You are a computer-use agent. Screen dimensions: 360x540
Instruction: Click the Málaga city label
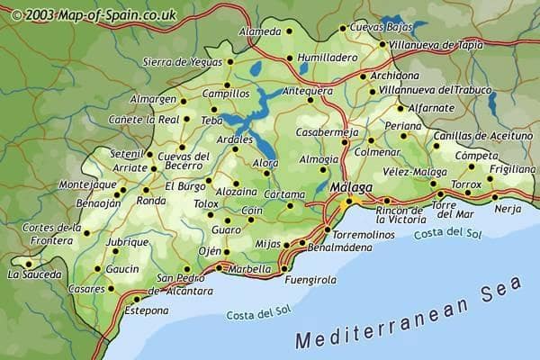point(352,186)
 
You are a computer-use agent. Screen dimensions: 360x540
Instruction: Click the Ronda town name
point(150,200)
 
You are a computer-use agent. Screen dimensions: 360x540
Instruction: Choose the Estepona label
point(146,310)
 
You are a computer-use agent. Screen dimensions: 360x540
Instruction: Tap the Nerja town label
point(508,209)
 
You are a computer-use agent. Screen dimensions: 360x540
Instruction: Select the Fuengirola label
point(310,280)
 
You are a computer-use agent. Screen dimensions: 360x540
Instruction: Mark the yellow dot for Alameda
point(289,31)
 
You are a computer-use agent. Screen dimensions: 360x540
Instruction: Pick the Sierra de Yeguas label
point(183,62)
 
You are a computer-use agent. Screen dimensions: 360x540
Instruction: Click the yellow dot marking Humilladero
point(289,59)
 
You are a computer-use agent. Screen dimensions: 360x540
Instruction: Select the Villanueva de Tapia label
point(433,43)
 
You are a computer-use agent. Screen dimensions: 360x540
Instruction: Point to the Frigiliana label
point(512,168)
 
